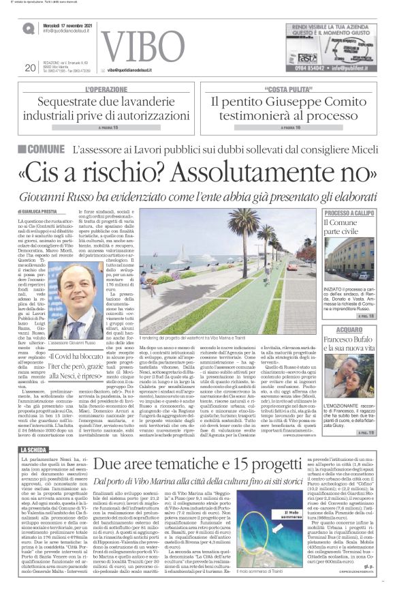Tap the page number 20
30,68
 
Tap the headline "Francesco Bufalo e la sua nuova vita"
348,347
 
